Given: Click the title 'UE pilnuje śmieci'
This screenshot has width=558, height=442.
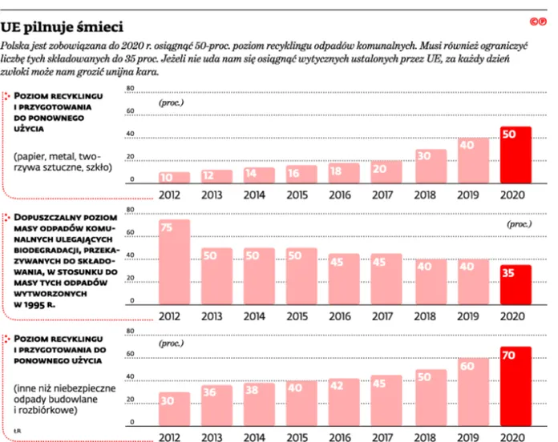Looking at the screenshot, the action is click(x=62, y=27).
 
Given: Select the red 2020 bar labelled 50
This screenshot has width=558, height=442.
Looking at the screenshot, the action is click(x=516, y=155).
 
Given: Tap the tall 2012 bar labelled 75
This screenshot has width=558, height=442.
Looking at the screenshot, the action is click(x=175, y=262).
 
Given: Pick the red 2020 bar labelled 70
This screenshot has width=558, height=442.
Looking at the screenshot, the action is click(x=516, y=386).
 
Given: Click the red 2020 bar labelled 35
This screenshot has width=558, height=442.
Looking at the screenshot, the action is click(x=516, y=284).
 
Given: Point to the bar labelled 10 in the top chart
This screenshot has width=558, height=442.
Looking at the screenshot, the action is click(x=175, y=178).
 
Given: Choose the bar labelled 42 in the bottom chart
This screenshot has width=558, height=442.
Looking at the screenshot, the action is click(x=344, y=402).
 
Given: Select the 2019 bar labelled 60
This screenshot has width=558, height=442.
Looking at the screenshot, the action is click(x=473, y=392).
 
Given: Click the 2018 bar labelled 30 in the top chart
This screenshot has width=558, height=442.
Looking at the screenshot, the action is click(x=431, y=167).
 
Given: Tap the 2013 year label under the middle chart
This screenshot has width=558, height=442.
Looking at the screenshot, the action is click(x=212, y=316).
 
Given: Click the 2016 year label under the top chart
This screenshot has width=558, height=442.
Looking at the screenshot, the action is click(x=340, y=195).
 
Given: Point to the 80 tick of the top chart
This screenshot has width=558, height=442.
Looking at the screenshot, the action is click(x=131, y=88).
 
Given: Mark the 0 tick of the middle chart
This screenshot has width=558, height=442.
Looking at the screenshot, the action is click(x=132, y=300).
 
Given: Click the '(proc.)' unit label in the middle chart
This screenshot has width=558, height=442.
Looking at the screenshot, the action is click(x=520, y=224).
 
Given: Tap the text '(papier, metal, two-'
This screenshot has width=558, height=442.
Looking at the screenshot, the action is click(x=57, y=157).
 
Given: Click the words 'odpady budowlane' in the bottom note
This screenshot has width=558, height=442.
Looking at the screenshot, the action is click(x=55, y=399).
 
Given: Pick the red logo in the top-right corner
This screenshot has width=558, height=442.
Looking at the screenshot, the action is click(x=538, y=22).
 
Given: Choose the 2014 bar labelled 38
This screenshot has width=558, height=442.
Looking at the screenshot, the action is click(x=259, y=404).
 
